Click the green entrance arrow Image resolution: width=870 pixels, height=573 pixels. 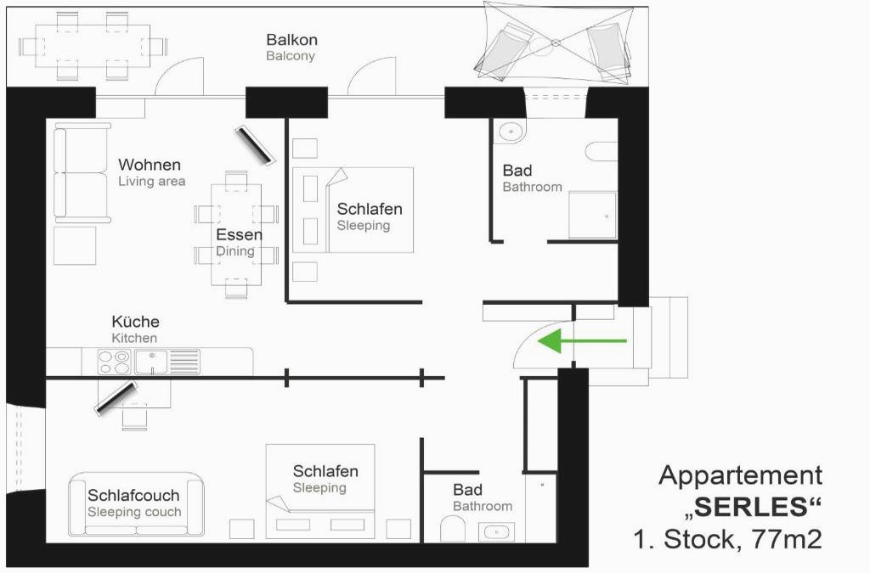click(x=582, y=340)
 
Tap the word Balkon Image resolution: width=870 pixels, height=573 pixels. click(x=292, y=40)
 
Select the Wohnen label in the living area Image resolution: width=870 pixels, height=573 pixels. click(x=150, y=165)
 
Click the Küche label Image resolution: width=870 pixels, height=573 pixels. click(x=135, y=322)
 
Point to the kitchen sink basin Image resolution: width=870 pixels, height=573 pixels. click(x=151, y=362)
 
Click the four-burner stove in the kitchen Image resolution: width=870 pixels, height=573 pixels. click(x=115, y=362)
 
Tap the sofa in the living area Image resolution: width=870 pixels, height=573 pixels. click(x=82, y=173)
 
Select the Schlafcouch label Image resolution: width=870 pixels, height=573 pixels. click(x=133, y=495)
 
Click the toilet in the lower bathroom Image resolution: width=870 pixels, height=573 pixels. click(x=452, y=529)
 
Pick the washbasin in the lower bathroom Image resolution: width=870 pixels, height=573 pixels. click(x=496, y=532)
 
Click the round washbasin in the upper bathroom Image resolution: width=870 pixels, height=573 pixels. click(x=510, y=132)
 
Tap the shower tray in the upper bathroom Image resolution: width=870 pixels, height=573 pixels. click(x=592, y=215)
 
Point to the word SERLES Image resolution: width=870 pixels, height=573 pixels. click(x=751, y=507)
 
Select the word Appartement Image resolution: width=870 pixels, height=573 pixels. click(x=741, y=475)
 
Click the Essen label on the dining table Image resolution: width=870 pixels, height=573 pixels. click(x=239, y=234)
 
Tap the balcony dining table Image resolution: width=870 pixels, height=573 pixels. click(x=93, y=46)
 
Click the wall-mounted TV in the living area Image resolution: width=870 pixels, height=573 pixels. click(x=255, y=146)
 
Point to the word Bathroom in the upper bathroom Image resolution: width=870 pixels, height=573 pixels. click(x=532, y=187)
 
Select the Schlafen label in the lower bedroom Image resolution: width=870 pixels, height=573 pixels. click(x=325, y=471)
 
